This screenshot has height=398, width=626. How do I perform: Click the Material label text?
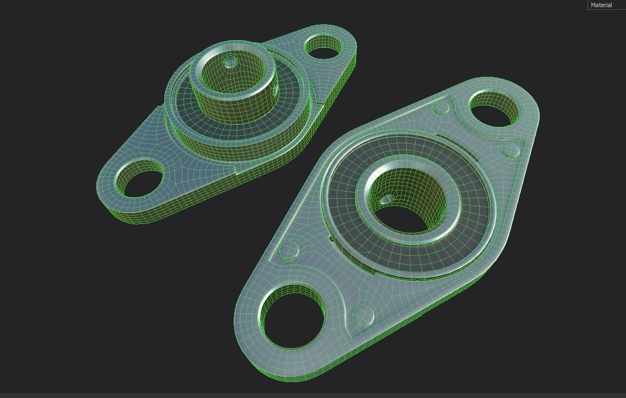tap(601, 5)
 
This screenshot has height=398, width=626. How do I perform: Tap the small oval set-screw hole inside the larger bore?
tap(387, 199)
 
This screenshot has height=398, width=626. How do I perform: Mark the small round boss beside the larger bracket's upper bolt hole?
tap(441, 108)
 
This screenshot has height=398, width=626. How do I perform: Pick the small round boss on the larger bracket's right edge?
tap(511, 150)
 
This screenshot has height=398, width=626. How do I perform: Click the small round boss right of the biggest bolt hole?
tap(363, 315)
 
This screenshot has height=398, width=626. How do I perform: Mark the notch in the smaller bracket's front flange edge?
tap(235, 177)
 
